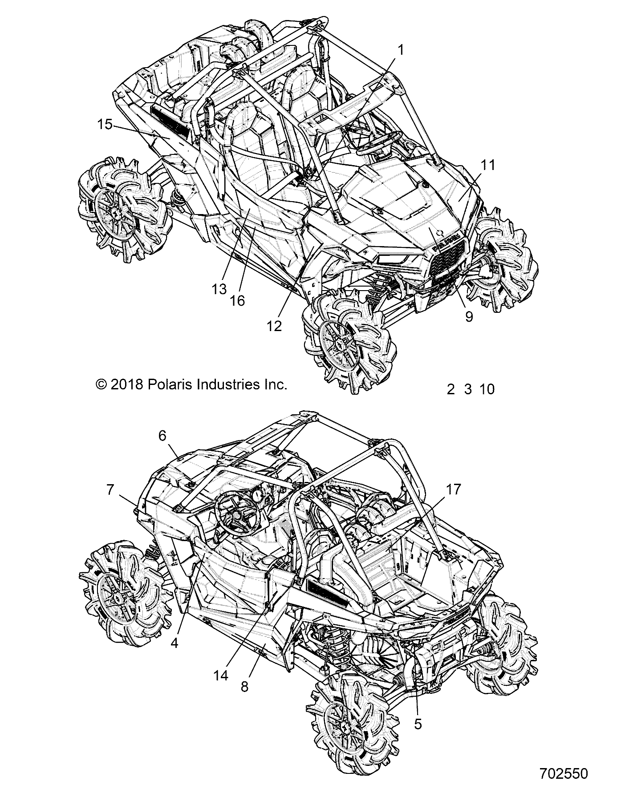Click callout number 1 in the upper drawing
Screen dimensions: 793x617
(x=400, y=50)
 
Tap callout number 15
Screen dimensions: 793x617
(x=105, y=125)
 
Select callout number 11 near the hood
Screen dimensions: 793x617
(x=488, y=165)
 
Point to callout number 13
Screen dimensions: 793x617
(x=219, y=289)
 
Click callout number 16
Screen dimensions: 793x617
(x=237, y=301)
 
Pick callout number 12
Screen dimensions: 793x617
(x=275, y=326)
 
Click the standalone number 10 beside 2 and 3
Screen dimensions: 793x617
(x=487, y=389)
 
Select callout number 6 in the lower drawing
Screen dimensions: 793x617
(x=162, y=436)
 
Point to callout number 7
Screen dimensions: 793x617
(x=110, y=490)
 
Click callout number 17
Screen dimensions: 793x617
(x=454, y=490)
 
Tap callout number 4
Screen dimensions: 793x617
(x=174, y=643)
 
